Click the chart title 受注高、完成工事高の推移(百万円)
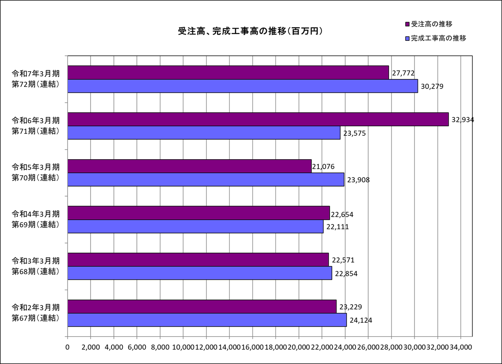pos(250,31)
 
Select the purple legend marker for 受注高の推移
pos(407,24)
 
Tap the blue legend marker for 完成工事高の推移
pos(407,39)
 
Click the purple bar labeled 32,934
pos(258,119)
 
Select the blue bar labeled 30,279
pos(243,86)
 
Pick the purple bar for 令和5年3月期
pos(190,166)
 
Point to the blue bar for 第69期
pos(196,226)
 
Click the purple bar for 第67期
pos(202,307)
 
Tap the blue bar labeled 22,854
pos(200,273)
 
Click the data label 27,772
pos(403,73)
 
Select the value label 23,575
pos(354,134)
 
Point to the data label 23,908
pos(358,180)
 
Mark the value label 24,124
pos(361,320)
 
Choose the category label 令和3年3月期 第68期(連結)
pos(36,266)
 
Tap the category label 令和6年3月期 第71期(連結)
pos(36,126)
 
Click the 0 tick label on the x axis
pos(67,348)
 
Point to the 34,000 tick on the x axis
pos(460,348)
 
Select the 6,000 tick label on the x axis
pos(137,348)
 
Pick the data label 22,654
pos(342,215)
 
